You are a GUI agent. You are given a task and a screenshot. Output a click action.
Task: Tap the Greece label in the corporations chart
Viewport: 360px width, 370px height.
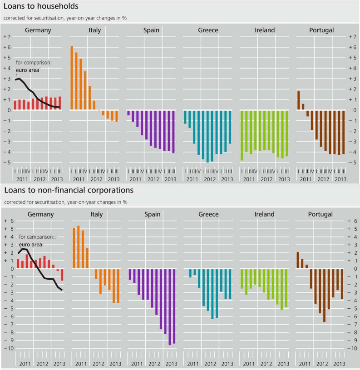click(x=208, y=214)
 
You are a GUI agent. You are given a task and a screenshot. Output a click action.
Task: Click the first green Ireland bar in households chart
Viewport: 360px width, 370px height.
click(x=242, y=135)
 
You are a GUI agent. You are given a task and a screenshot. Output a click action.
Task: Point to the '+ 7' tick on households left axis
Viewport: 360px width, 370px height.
click(x=7, y=37)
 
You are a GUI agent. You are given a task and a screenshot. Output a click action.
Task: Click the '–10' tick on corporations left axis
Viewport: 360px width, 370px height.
click(x=7, y=348)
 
